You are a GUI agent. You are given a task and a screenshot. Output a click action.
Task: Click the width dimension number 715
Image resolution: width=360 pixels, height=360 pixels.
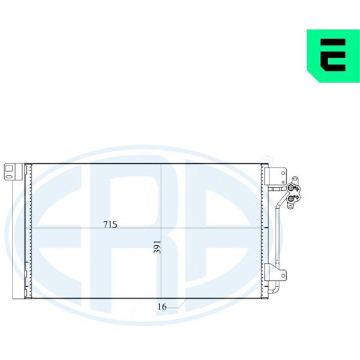point(110,224)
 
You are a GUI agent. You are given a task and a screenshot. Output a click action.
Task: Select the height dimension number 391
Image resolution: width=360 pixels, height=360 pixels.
point(157,247)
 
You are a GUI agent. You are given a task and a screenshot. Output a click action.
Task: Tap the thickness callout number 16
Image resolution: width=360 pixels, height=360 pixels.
point(162,307)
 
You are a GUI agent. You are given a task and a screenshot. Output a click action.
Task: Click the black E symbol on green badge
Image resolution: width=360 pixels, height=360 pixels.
point(333,55)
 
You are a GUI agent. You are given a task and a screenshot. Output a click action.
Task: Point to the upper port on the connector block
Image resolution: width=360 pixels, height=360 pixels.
point(290,188)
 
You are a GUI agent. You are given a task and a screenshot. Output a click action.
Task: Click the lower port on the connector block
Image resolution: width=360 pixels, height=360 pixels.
point(291,199)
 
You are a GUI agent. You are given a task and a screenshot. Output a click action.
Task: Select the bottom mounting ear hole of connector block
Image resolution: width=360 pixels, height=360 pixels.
point(290,207)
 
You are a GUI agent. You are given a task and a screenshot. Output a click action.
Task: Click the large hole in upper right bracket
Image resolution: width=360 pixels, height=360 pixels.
point(283,173)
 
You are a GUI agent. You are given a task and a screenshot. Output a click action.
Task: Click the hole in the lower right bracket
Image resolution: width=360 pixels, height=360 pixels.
point(283,275)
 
